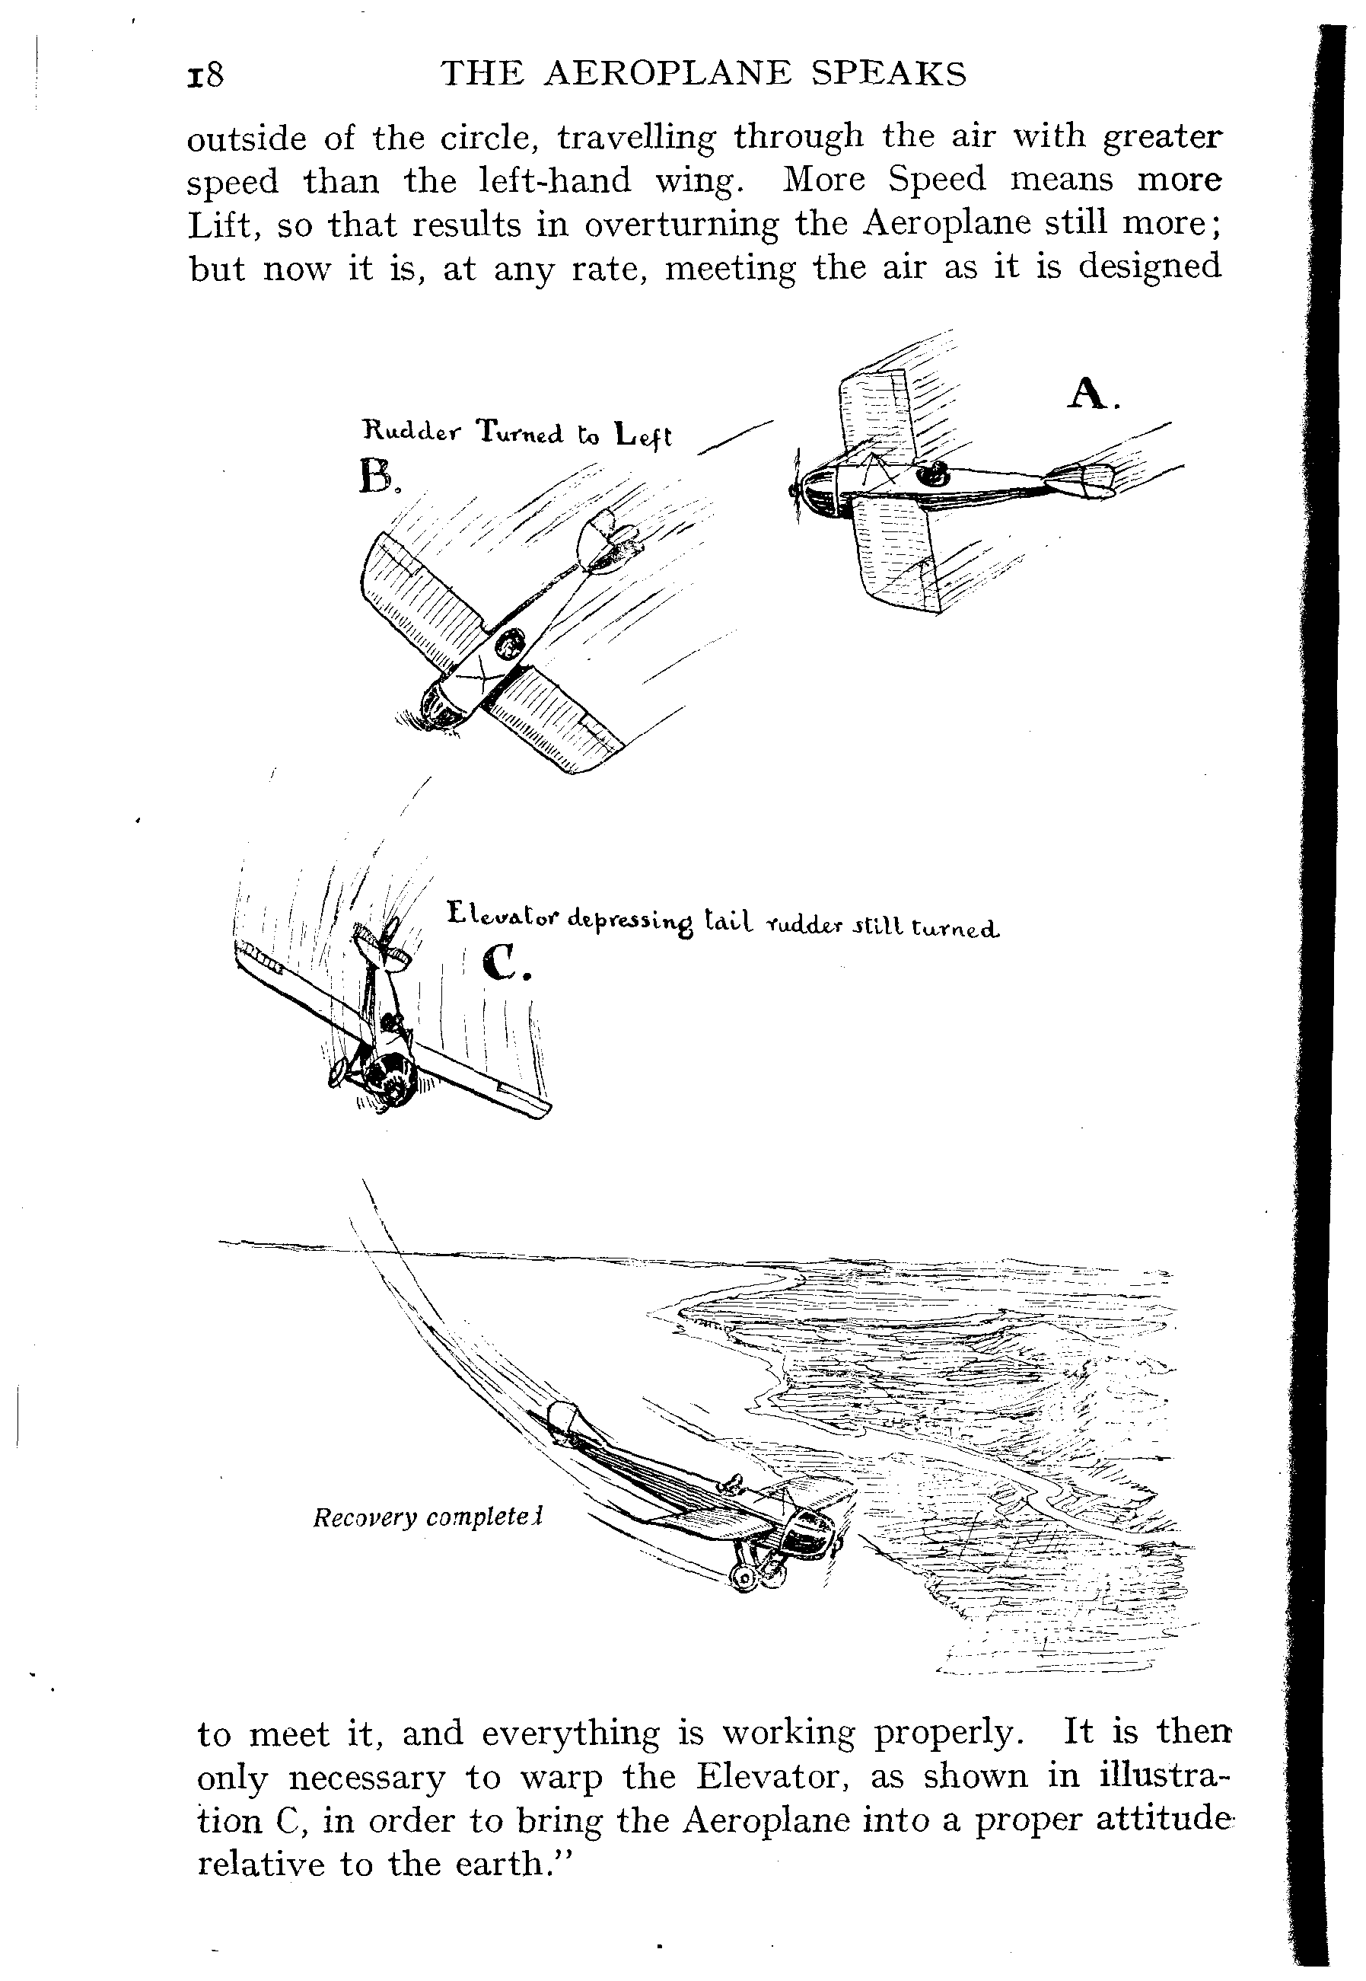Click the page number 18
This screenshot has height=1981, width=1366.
click(205, 75)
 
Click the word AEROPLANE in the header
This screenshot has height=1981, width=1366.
click(668, 75)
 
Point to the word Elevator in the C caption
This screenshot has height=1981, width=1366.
click(502, 916)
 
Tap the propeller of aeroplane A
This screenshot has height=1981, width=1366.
click(796, 488)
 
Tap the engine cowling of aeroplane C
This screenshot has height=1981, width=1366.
click(390, 1083)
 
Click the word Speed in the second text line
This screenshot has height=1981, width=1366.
click(938, 180)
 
